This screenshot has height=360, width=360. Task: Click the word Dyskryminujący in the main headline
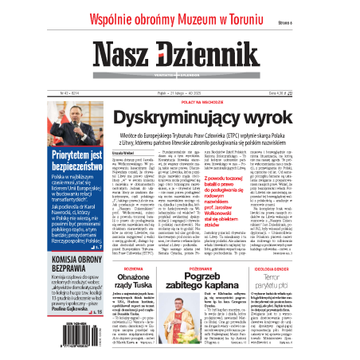[182, 119]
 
